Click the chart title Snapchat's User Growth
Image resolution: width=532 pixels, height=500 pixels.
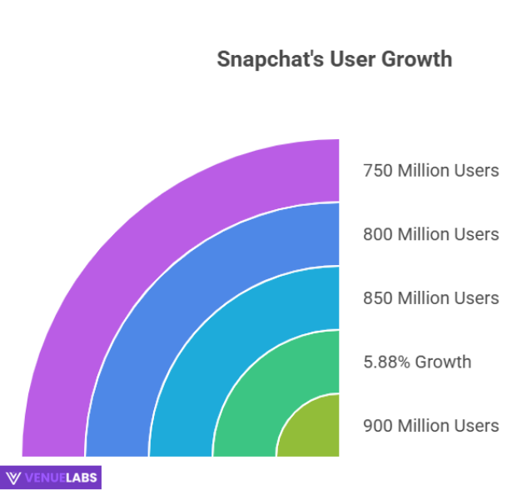334,60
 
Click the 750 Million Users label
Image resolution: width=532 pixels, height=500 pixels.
430,171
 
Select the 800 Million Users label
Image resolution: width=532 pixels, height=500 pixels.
430,234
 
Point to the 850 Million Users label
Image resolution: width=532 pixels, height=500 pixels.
430,298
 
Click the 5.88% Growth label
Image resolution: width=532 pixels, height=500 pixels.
417,362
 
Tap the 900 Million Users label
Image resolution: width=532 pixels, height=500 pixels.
430,426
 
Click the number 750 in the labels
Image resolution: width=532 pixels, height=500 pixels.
377,171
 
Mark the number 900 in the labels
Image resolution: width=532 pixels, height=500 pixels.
377,426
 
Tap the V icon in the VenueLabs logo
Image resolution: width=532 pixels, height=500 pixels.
13,477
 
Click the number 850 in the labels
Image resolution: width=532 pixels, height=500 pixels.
377,298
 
